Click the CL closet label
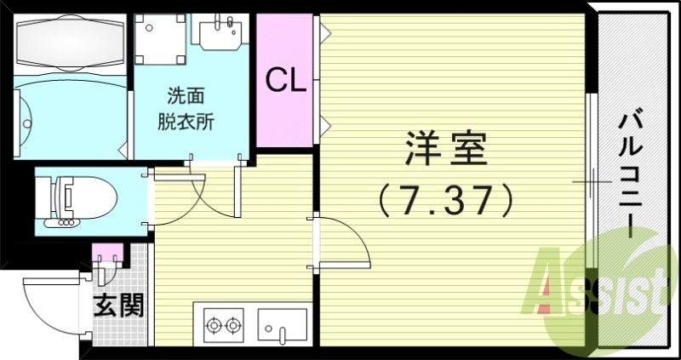point(287,80)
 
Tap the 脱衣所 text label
point(186,121)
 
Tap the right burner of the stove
point(233,323)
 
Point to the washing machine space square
point(161,38)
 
